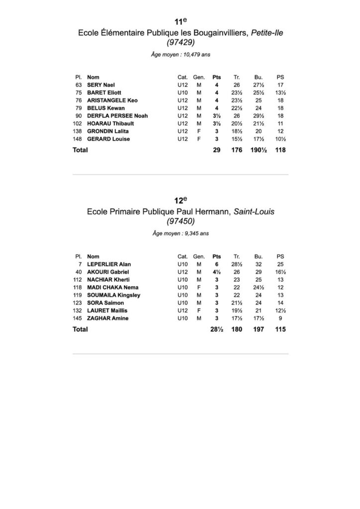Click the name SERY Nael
pyautogui.click(x=101, y=85)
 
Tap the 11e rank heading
pyautogui.click(x=180, y=22)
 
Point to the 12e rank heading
pyautogui.click(x=180, y=200)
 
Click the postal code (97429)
pyautogui.click(x=180, y=43)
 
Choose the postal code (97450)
pyautogui.click(x=180, y=222)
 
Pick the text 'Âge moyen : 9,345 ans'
pyautogui.click(x=180, y=233)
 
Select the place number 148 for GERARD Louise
pyautogui.click(x=77, y=139)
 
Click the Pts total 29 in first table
pyautogui.click(x=216, y=150)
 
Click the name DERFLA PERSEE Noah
pyautogui.click(x=117, y=116)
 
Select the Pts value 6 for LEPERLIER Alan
pyautogui.click(x=216, y=264)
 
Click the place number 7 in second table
pyautogui.click(x=80, y=264)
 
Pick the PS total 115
pyautogui.click(x=280, y=329)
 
